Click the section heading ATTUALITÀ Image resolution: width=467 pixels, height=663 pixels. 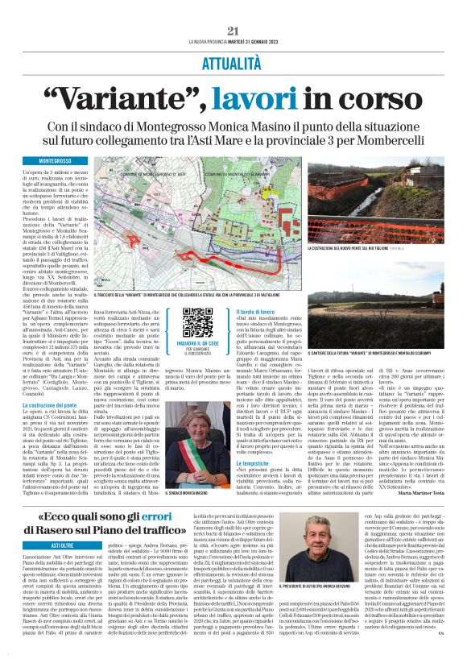coord(233,61)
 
